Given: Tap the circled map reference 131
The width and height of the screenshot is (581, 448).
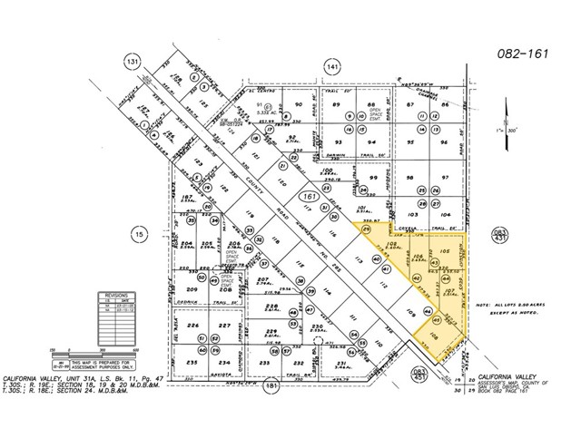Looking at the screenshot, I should pyautogui.click(x=134, y=62).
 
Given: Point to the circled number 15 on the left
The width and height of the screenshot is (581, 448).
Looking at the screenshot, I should pyautogui.click(x=139, y=233).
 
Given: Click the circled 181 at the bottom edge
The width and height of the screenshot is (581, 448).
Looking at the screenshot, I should pyautogui.click(x=270, y=388).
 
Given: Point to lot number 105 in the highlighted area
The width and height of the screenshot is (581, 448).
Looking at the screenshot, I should pyautogui.click(x=444, y=249).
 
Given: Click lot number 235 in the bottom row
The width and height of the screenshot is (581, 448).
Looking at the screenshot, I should pyautogui.click(x=192, y=362).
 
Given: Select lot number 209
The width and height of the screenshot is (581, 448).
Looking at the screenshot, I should pyautogui.click(x=192, y=289).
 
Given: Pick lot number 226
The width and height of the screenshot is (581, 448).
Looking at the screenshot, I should pyautogui.click(x=192, y=326).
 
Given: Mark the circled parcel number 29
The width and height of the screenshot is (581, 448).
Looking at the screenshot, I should pyautogui.click(x=367, y=231).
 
